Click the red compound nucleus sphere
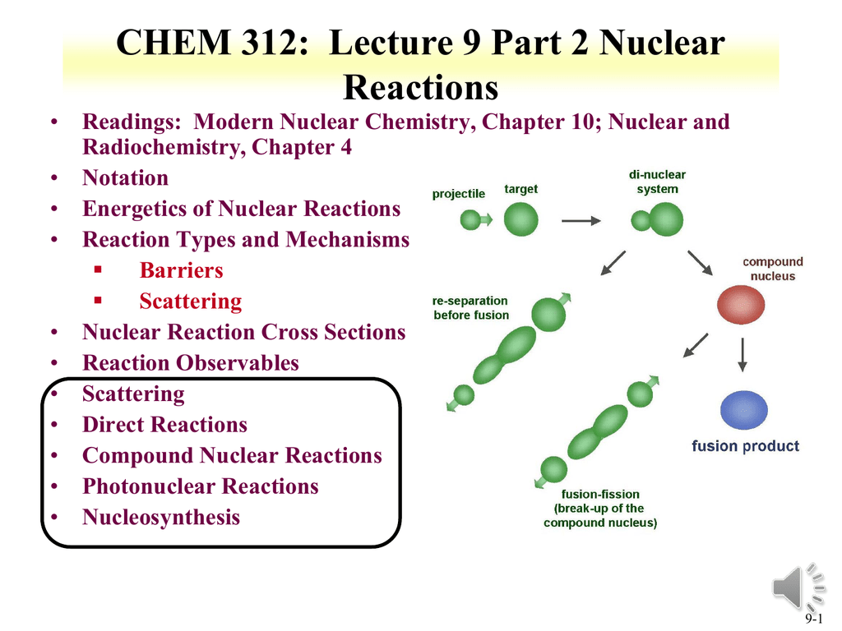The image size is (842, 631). (740, 306)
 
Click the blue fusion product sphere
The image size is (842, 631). (743, 410)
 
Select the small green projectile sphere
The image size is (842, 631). (470, 219)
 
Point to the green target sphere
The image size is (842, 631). (520, 219)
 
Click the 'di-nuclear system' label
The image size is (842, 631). (657, 182)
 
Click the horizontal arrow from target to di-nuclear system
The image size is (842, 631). (581, 220)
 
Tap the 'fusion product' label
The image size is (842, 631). (745, 446)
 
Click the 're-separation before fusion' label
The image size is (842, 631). (470, 308)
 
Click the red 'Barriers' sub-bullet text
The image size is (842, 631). (181, 270)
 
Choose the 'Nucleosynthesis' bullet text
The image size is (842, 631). (161, 518)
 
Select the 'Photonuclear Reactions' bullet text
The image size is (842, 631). (200, 486)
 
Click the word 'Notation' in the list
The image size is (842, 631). (125, 178)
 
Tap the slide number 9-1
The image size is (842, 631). (815, 619)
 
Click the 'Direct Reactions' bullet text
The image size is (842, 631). (164, 425)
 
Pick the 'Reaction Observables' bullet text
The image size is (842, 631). (190, 363)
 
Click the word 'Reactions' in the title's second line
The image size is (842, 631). (420, 86)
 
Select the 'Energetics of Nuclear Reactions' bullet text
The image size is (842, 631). (241, 209)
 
